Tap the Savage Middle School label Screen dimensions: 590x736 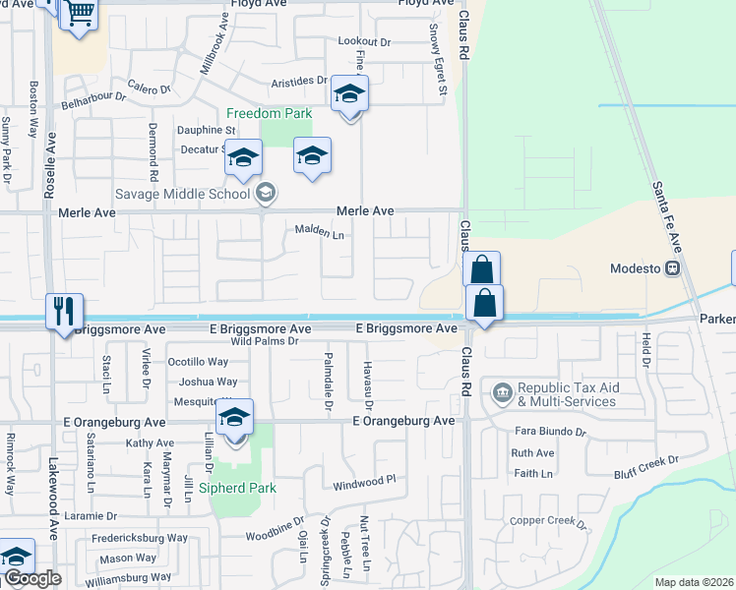tap(183, 193)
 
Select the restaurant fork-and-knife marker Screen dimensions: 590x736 tap(65, 312)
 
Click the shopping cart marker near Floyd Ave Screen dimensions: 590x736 tap(79, 16)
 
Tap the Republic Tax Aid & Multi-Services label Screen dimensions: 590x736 tap(566, 394)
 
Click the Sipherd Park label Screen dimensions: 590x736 tap(237, 488)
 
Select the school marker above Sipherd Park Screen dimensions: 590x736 tap(235, 417)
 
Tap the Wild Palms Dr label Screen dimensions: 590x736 tap(264, 341)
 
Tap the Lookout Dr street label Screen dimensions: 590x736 tap(364, 41)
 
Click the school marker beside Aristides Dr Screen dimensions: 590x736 tap(348, 94)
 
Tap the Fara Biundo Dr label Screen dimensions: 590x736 tap(550, 431)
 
